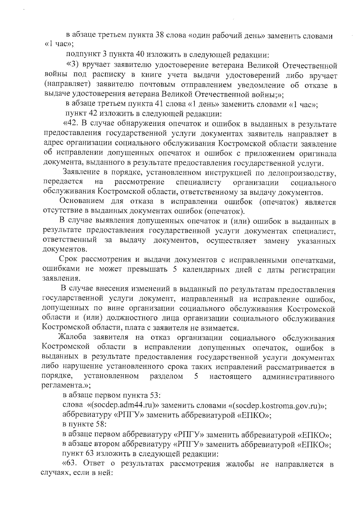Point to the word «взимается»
[x=221, y=328]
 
